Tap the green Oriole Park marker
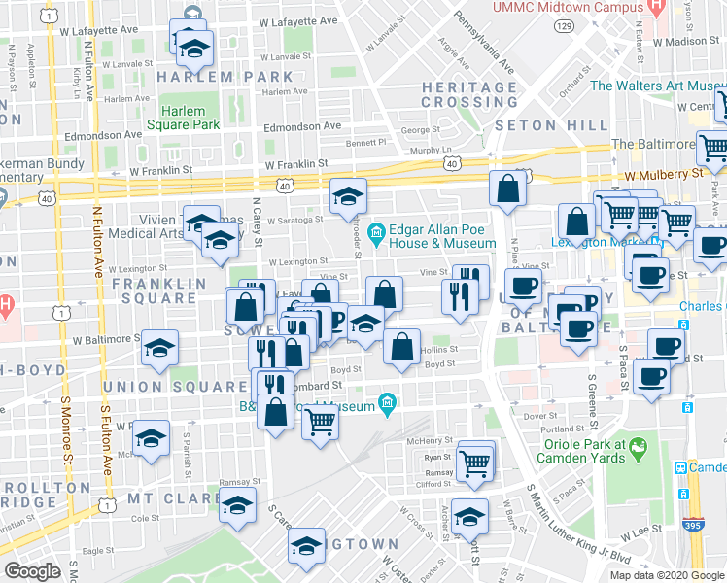[x=638, y=449]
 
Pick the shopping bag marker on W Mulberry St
[x=508, y=188]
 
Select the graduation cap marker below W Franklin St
[x=348, y=197]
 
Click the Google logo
[x=32, y=571]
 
